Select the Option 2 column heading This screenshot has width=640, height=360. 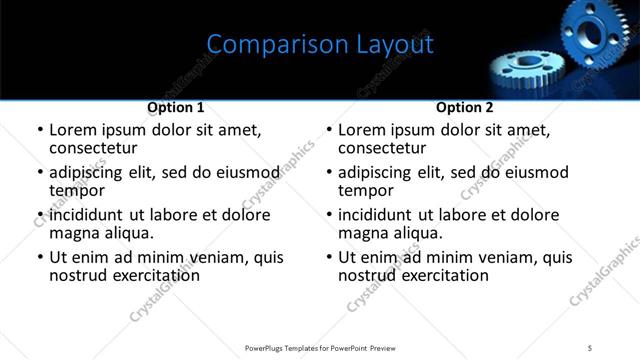point(465,107)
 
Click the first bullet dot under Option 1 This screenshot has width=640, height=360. point(40,131)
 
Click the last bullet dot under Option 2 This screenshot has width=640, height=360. point(329,258)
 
